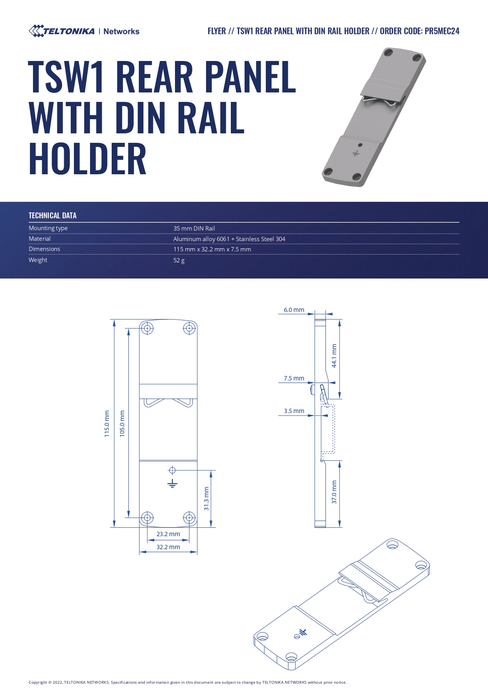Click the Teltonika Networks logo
(x=84, y=31)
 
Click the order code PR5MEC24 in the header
(x=442, y=31)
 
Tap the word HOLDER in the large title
(x=87, y=159)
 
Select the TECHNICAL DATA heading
(x=53, y=216)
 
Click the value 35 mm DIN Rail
(x=194, y=229)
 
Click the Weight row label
(x=38, y=260)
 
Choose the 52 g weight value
(x=179, y=260)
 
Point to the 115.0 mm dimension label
(x=107, y=424)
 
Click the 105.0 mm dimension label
(x=122, y=424)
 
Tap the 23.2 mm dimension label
(x=168, y=534)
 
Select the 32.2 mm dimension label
(x=168, y=547)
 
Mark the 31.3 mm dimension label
(x=206, y=499)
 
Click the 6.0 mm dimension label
(x=294, y=310)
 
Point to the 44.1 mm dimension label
(x=334, y=356)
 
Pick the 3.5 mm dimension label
(x=294, y=411)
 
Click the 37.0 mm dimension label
(x=334, y=492)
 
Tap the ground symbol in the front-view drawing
(x=172, y=483)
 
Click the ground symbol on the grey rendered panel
(x=356, y=153)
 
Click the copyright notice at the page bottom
(x=188, y=682)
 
